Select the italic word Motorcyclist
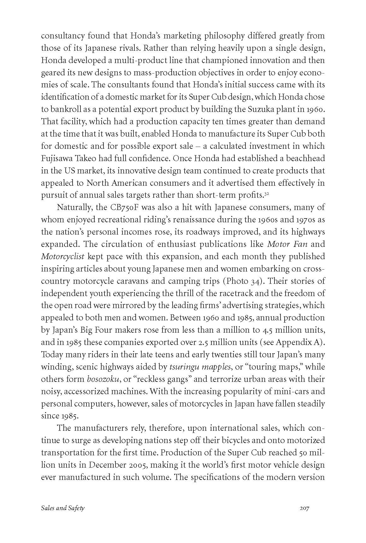(x=62, y=257)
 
